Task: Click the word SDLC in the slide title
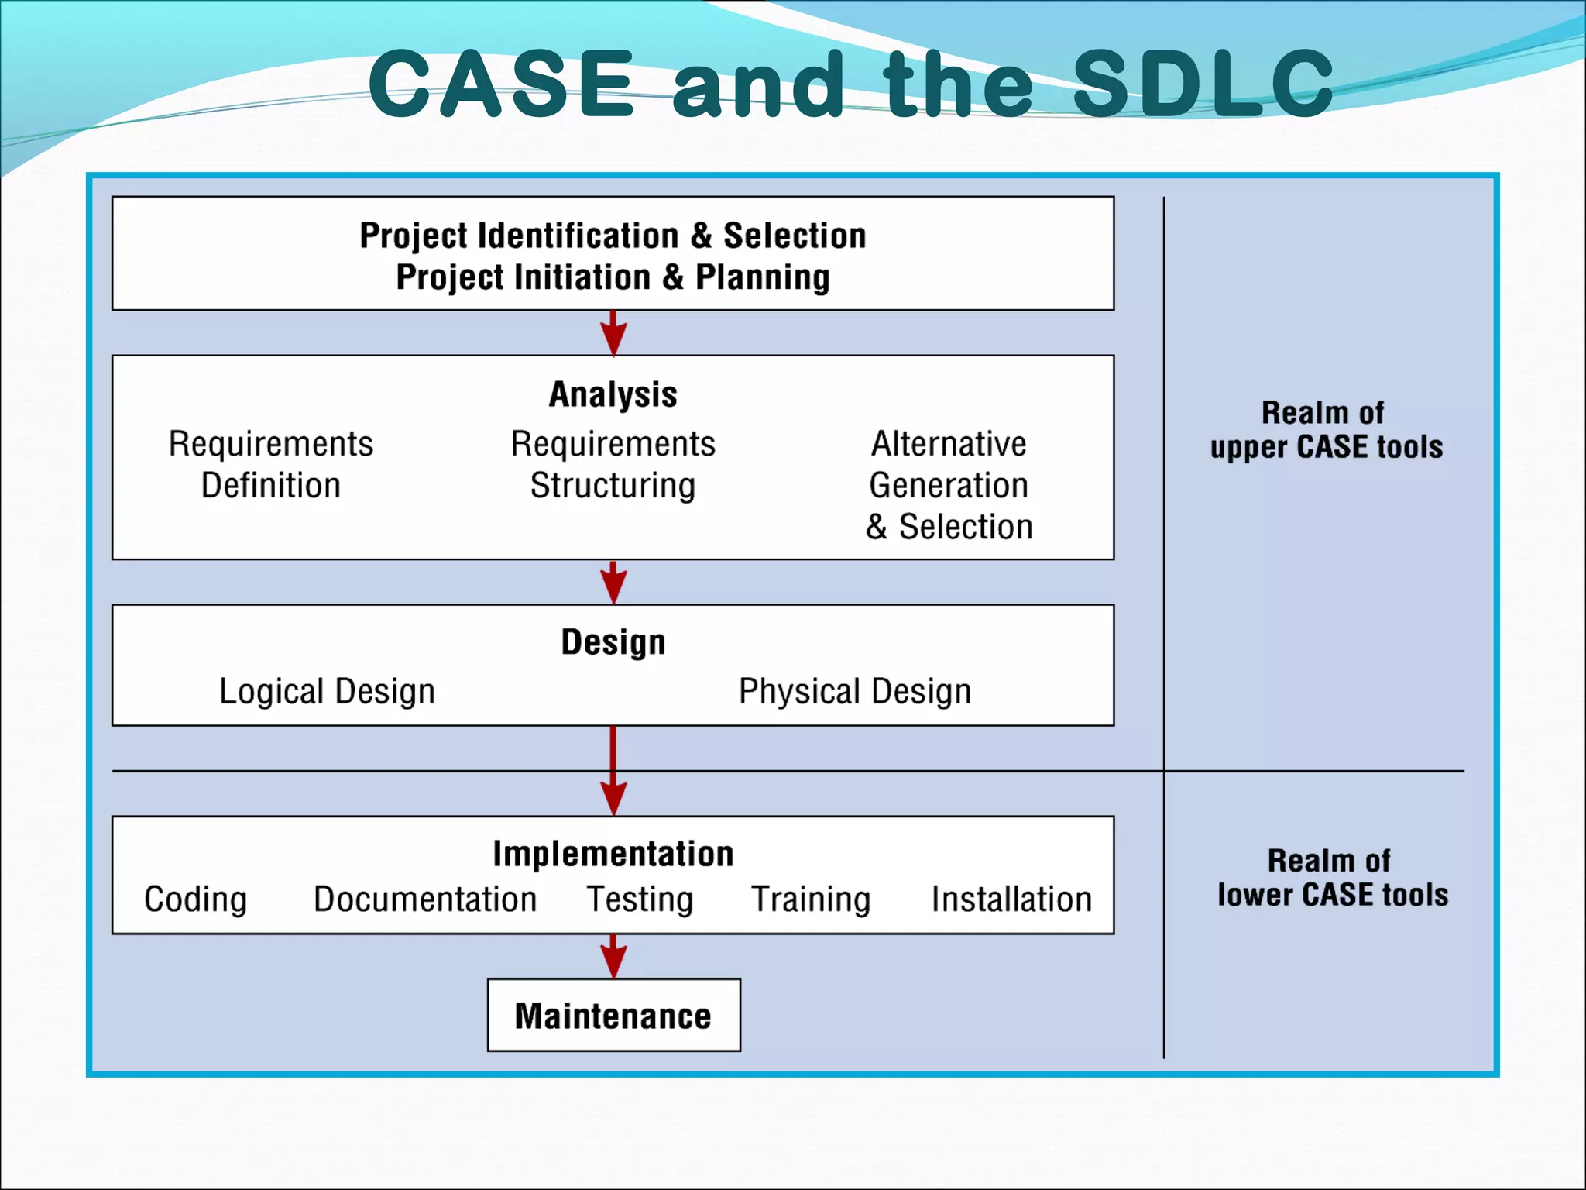1203,83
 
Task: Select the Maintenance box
613,1016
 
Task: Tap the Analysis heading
613,394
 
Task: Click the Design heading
613,642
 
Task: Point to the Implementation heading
613,854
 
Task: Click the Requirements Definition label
271,464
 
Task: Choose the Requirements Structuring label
613,464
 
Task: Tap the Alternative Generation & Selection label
949,485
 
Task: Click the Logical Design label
327,691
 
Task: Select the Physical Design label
854,691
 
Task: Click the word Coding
195,899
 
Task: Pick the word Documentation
424,899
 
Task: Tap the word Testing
640,899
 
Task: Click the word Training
811,899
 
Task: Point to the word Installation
1011,899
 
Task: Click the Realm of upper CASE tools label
1326,430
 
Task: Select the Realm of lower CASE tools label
1331,878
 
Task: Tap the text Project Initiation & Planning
613,277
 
